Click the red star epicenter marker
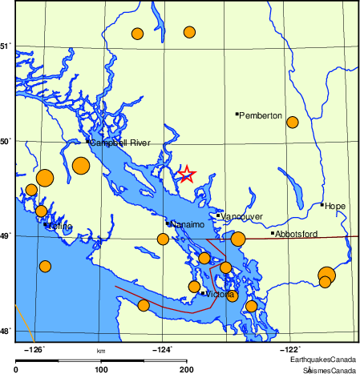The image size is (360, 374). pyautogui.click(x=186, y=175)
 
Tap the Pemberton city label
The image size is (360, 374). pyautogui.click(x=261, y=116)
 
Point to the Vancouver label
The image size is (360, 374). pyautogui.click(x=242, y=216)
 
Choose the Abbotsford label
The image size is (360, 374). pyautogui.click(x=297, y=234)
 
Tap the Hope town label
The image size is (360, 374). pyautogui.click(x=335, y=207)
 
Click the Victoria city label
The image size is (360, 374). pyautogui.click(x=220, y=295)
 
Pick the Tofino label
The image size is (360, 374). pyautogui.click(x=60, y=227)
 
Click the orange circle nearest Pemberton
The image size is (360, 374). pyautogui.click(x=293, y=123)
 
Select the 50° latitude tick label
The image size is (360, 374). pyautogui.click(x=6, y=142)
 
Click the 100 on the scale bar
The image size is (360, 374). pyautogui.click(x=101, y=369)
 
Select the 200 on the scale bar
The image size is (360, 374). pyautogui.click(x=187, y=369)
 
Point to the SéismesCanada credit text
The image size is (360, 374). pyautogui.click(x=329, y=370)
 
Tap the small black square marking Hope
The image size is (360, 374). pyautogui.click(x=322, y=205)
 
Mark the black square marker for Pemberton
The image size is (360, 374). pyautogui.click(x=237, y=115)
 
